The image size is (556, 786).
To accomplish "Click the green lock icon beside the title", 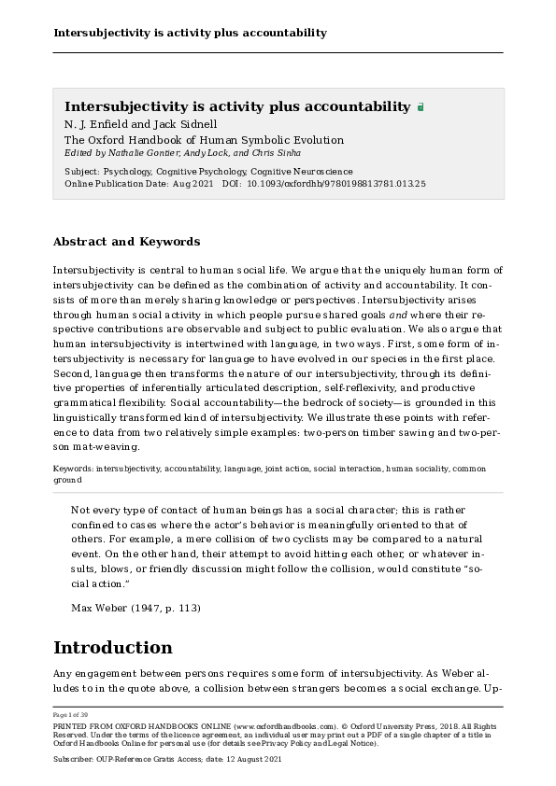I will click(421, 107).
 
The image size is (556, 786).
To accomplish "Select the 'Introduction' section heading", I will click(112, 648).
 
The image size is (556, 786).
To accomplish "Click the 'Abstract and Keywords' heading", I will click(126, 242).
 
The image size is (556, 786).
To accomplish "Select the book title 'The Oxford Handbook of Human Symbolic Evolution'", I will click(204, 140).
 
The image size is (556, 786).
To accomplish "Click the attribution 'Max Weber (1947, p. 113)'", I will click(135, 608).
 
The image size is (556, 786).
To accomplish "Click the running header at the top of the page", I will click(190, 33).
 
